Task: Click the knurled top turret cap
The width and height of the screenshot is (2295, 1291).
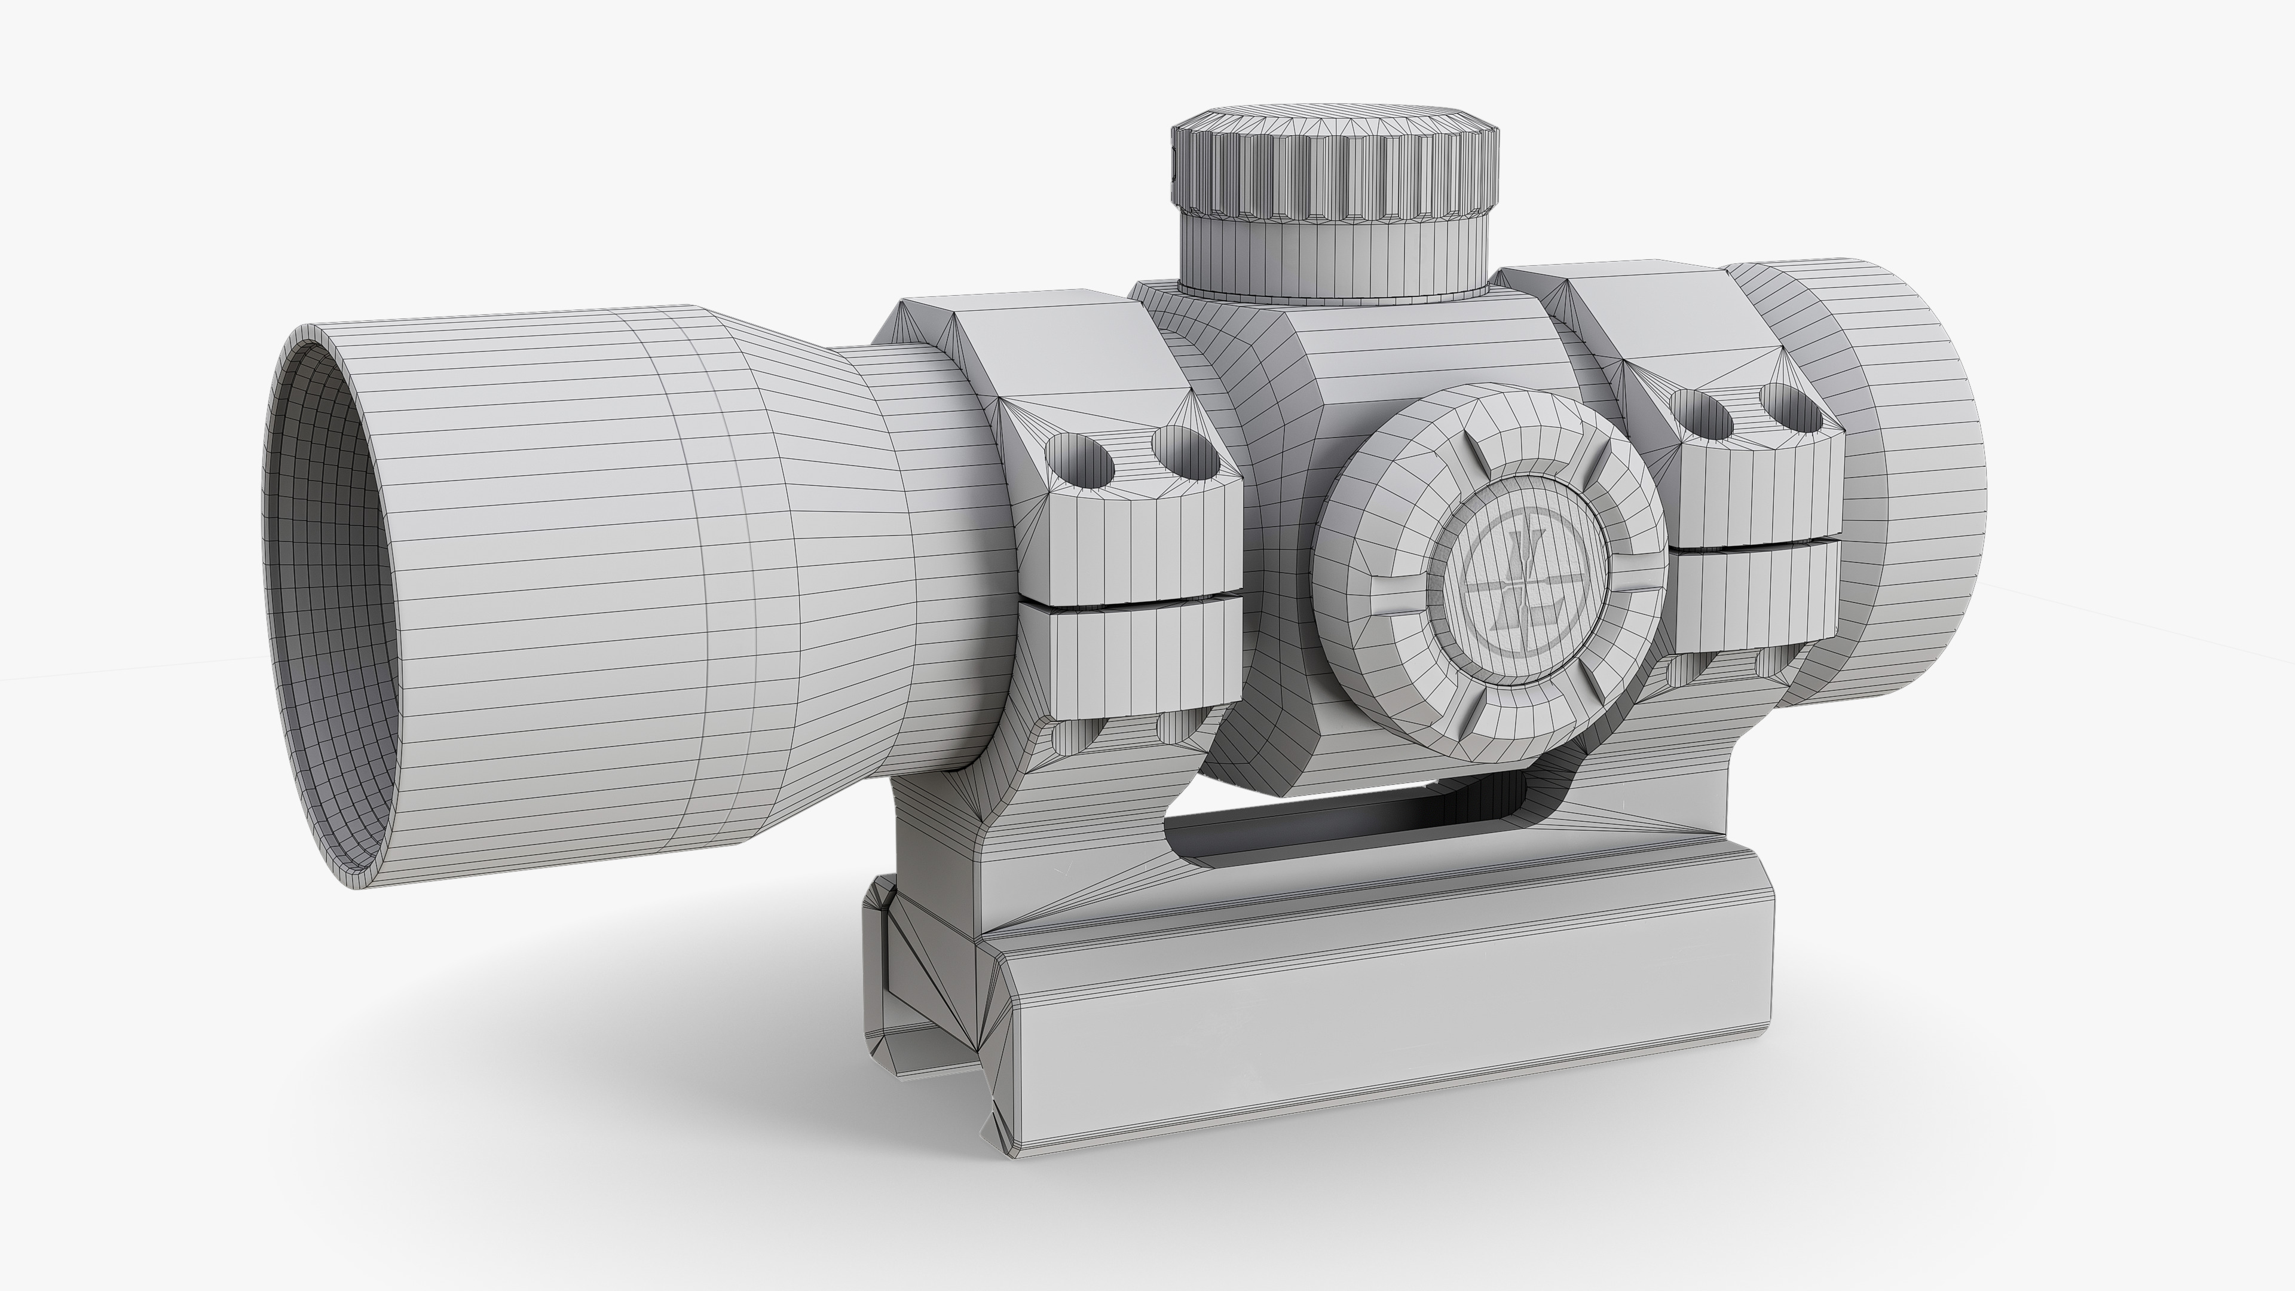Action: click(x=1334, y=169)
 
